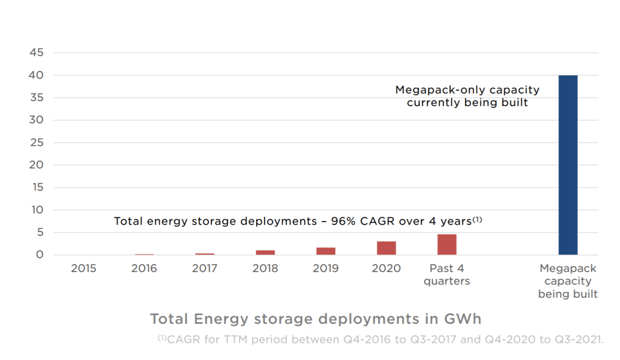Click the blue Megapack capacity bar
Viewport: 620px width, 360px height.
point(568,165)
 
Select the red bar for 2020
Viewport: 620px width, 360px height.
point(386,248)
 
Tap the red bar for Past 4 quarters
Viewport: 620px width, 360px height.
point(447,245)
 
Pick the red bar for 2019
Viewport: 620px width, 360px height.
point(325,251)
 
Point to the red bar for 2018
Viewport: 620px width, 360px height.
point(265,252)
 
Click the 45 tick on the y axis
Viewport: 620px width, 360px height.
point(36,53)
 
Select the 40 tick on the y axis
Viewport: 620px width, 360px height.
point(36,75)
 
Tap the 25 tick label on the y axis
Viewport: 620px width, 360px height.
point(36,142)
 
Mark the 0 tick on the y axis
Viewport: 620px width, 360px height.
point(40,255)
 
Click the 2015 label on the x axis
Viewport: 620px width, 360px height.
point(83,268)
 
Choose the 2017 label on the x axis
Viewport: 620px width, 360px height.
point(204,268)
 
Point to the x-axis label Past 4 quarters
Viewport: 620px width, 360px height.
point(447,274)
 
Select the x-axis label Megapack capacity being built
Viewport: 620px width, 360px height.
point(568,281)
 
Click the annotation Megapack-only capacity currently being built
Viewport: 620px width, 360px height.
point(467,96)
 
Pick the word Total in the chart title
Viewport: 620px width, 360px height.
point(170,319)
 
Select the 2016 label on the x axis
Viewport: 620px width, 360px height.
point(144,268)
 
